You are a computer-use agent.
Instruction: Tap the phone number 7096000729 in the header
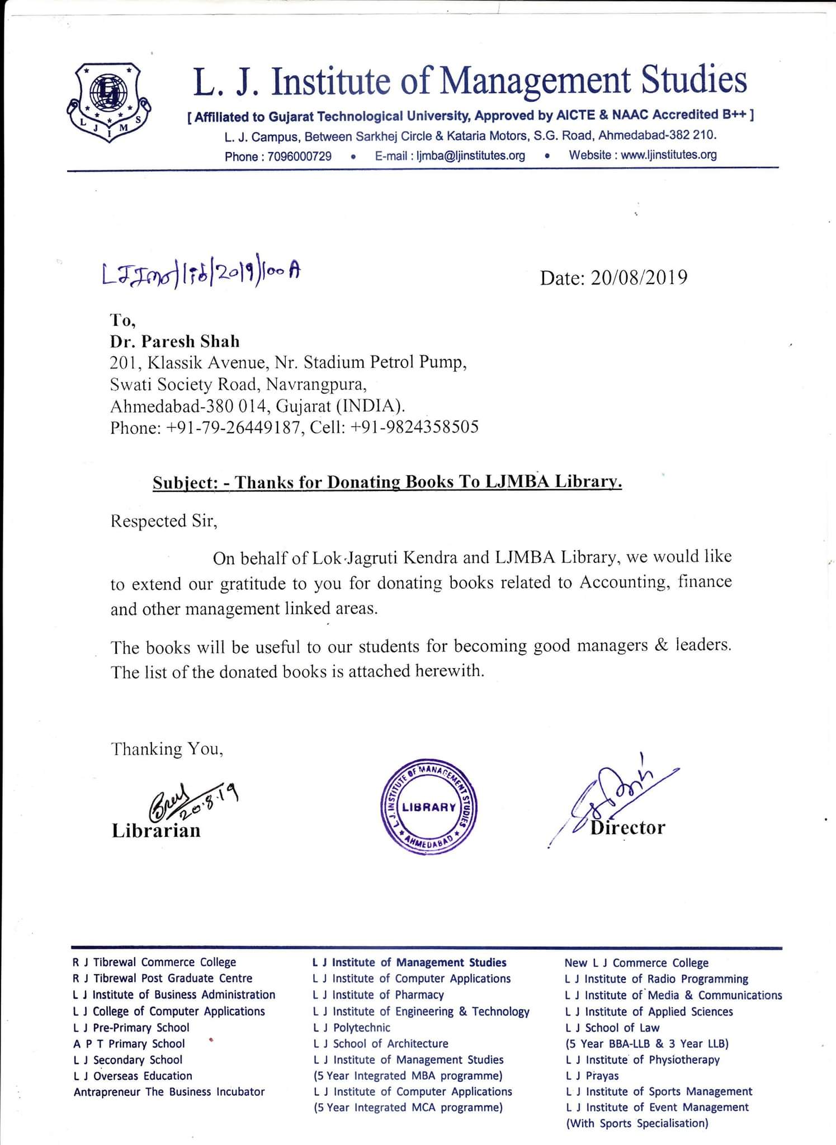[x=299, y=156]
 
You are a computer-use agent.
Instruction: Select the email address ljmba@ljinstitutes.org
[x=470, y=155]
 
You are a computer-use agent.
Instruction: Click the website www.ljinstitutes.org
[x=668, y=155]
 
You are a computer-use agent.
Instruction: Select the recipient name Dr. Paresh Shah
[x=175, y=341]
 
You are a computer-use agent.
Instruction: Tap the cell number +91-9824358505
[x=414, y=427]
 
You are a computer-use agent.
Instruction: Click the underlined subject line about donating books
[x=387, y=482]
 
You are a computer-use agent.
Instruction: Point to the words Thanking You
[x=167, y=749]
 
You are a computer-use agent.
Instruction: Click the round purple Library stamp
[x=428, y=806]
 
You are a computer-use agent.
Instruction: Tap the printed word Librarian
[x=156, y=830]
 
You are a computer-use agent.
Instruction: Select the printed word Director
[x=627, y=827]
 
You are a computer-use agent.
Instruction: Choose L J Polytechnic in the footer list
[x=352, y=1028]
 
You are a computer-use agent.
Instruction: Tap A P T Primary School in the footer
[x=129, y=1044]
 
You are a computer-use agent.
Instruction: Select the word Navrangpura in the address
[x=315, y=385]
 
